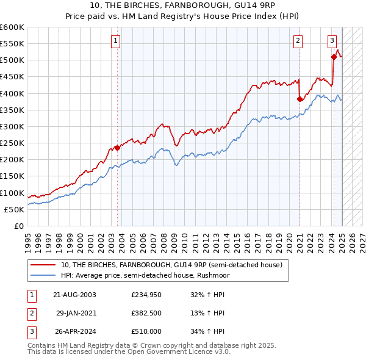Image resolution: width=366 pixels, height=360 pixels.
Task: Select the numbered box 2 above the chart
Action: [298, 41]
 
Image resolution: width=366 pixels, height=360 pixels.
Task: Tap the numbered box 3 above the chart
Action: [332, 41]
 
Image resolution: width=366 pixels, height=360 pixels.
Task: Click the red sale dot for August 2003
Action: [117, 147]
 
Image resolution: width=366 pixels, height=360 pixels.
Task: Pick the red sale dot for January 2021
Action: [300, 99]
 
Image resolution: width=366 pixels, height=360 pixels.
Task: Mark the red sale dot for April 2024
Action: [334, 57]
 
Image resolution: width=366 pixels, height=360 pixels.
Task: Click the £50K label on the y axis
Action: [14, 209]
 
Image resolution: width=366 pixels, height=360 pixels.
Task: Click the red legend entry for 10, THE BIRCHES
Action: [171, 265]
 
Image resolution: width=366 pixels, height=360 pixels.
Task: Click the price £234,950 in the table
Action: [146, 295]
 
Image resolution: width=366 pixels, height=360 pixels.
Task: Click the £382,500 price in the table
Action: [146, 313]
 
